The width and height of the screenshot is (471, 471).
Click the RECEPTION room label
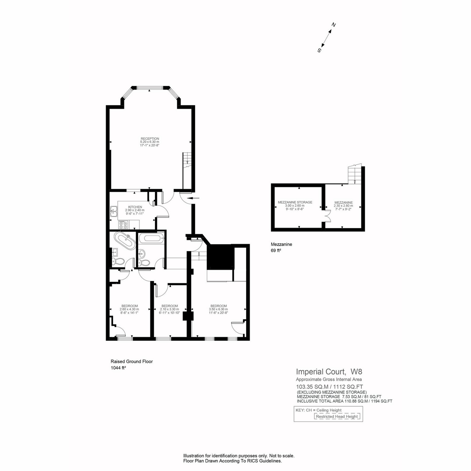150,139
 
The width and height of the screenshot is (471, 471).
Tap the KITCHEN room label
135,207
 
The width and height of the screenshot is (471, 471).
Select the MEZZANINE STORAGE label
295,203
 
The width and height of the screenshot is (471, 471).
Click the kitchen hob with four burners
123,225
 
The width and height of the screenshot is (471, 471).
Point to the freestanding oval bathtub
125,241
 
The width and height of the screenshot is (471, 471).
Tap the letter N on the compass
333,25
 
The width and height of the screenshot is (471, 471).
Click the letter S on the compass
319,50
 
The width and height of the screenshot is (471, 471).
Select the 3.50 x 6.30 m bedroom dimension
219,309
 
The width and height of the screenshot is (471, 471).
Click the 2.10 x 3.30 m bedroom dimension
170,309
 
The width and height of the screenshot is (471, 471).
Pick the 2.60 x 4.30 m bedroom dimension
130,309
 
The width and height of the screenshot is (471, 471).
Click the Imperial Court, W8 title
329,372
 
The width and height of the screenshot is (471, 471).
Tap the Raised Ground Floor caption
132,361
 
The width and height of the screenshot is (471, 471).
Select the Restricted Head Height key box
337,416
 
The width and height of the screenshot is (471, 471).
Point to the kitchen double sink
114,212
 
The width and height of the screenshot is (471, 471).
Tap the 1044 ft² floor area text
118,368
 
